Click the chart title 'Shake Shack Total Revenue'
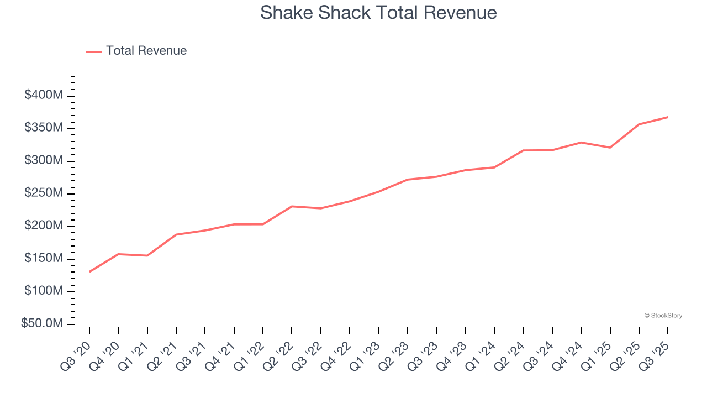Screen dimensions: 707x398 [378, 12]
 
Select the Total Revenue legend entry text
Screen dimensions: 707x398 [146, 51]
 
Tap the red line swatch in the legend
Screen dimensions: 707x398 [94, 51]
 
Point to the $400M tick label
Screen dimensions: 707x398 [44, 96]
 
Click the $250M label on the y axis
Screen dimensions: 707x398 [44, 193]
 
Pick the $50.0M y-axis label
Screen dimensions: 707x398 [42, 323]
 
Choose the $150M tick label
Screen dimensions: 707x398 [44, 259]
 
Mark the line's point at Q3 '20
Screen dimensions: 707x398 [89, 271]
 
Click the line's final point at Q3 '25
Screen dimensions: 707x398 [668, 117]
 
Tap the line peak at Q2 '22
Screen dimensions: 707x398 [292, 206]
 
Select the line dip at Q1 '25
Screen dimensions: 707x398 [610, 148]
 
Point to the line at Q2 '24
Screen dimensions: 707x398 [523, 150]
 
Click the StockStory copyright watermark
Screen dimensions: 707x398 [663, 316]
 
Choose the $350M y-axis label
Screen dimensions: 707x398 [44, 128]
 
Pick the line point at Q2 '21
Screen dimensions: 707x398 [176, 234]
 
